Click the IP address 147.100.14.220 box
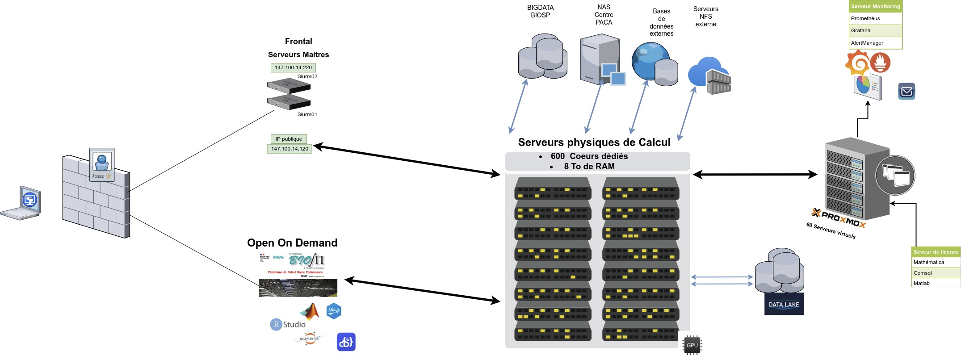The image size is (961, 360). coord(293,67)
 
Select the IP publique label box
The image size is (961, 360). coord(289,139)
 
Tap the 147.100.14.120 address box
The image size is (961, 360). coord(290,149)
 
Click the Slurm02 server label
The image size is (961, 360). coord(307,76)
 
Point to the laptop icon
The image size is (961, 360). coord(22,203)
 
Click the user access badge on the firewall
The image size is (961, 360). coord(102,165)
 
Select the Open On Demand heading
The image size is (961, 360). coord(292,243)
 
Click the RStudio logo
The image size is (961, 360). coord(288,324)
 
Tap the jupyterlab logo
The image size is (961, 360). coord(309,338)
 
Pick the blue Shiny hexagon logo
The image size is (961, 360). coord(334,310)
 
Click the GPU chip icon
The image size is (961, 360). coord(692,345)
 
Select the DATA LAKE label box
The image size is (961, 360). coord(784,304)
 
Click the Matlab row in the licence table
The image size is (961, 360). coord(936,283)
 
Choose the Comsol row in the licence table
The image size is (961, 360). coord(936,272)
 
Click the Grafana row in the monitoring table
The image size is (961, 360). coord(875,30)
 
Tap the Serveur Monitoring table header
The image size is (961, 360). coord(875,6)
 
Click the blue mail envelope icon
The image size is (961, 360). coord(906,92)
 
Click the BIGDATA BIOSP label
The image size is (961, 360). coord(540,11)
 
